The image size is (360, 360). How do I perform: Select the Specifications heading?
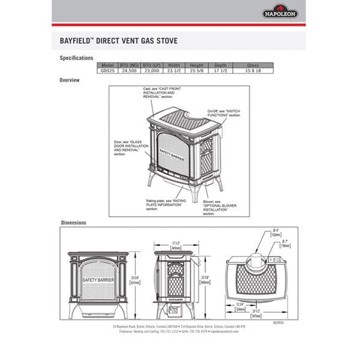coord(76,58)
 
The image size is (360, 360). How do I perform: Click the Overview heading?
coord(70,80)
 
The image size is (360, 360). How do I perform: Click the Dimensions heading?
coord(74,222)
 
